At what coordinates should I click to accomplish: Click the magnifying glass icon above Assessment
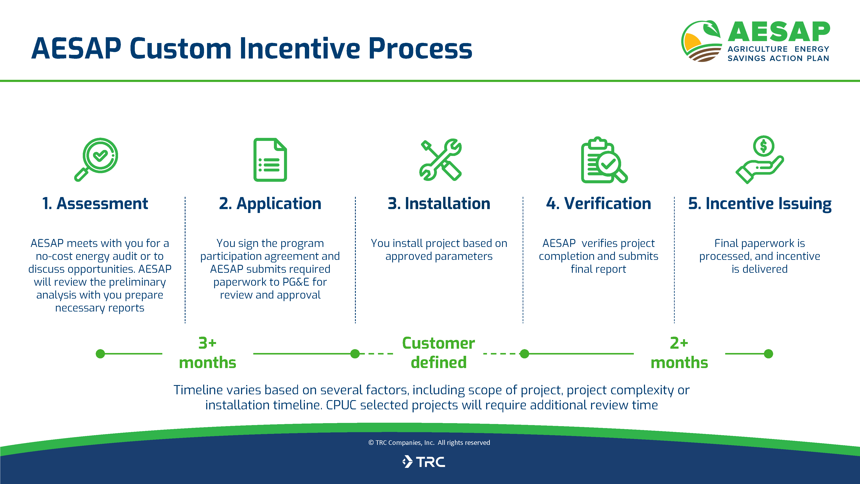[97, 159]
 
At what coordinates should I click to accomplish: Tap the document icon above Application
[270, 160]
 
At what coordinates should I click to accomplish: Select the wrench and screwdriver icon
[440, 160]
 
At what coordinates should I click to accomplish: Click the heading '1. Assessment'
[95, 203]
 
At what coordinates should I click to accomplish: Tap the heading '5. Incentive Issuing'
[760, 203]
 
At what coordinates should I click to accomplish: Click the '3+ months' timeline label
[207, 353]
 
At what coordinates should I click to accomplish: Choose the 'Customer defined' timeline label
[438, 353]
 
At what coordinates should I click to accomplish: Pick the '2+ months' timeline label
[679, 353]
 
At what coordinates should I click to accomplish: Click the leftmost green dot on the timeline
[100, 354]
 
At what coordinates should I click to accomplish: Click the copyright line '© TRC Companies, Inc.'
[429, 442]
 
